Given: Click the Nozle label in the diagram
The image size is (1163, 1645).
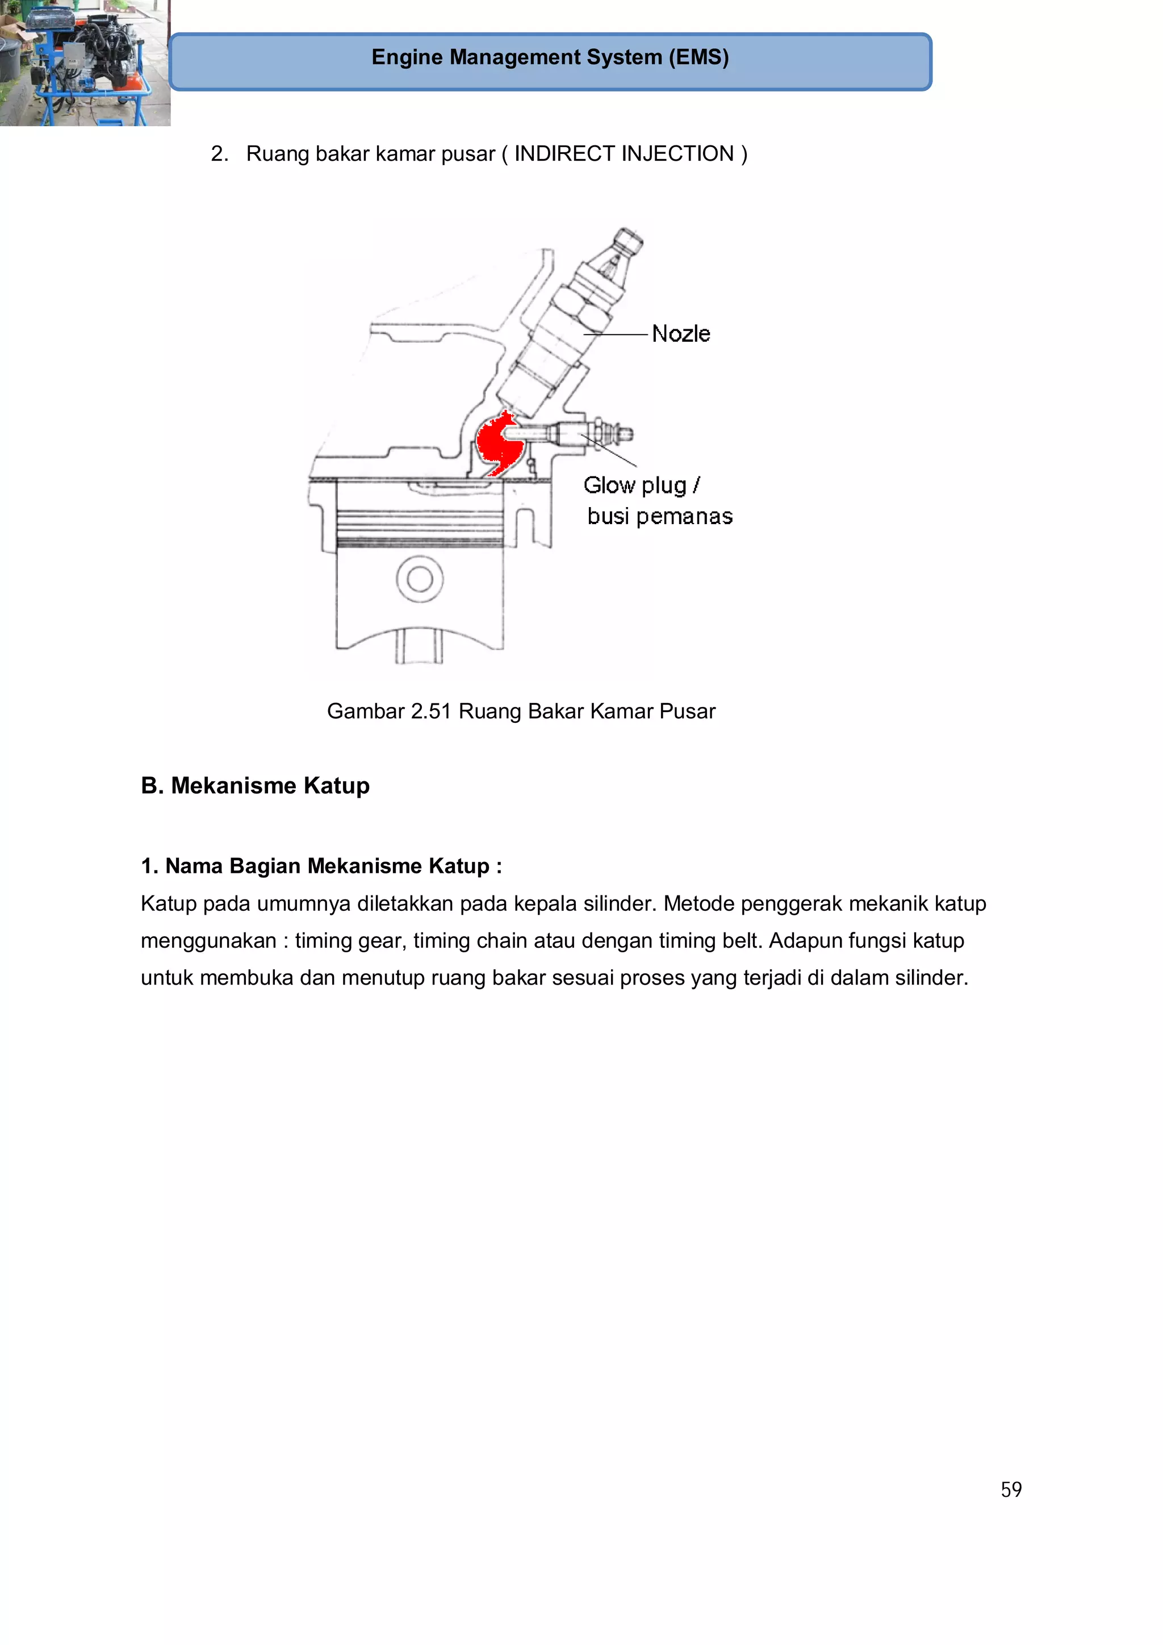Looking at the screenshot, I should (681, 334).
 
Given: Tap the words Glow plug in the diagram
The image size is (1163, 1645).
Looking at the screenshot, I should (634, 485).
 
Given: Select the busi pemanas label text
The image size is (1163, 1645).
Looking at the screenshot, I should (659, 517).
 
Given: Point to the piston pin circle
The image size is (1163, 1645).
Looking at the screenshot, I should (419, 579).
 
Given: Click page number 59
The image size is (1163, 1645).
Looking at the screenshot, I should (1010, 1489).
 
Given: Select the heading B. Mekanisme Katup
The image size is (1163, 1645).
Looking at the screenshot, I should (255, 786).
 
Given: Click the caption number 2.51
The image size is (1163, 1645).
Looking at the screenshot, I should (430, 711).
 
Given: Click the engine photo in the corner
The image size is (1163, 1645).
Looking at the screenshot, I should (85, 63).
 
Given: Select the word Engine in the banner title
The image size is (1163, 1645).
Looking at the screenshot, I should (407, 57).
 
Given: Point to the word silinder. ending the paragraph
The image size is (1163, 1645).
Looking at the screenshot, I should (931, 978).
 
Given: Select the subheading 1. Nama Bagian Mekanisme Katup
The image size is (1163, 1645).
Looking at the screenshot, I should (321, 866).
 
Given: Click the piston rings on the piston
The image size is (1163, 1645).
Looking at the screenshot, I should (419, 529).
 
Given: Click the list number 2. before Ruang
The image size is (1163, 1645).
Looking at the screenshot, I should (219, 154).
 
